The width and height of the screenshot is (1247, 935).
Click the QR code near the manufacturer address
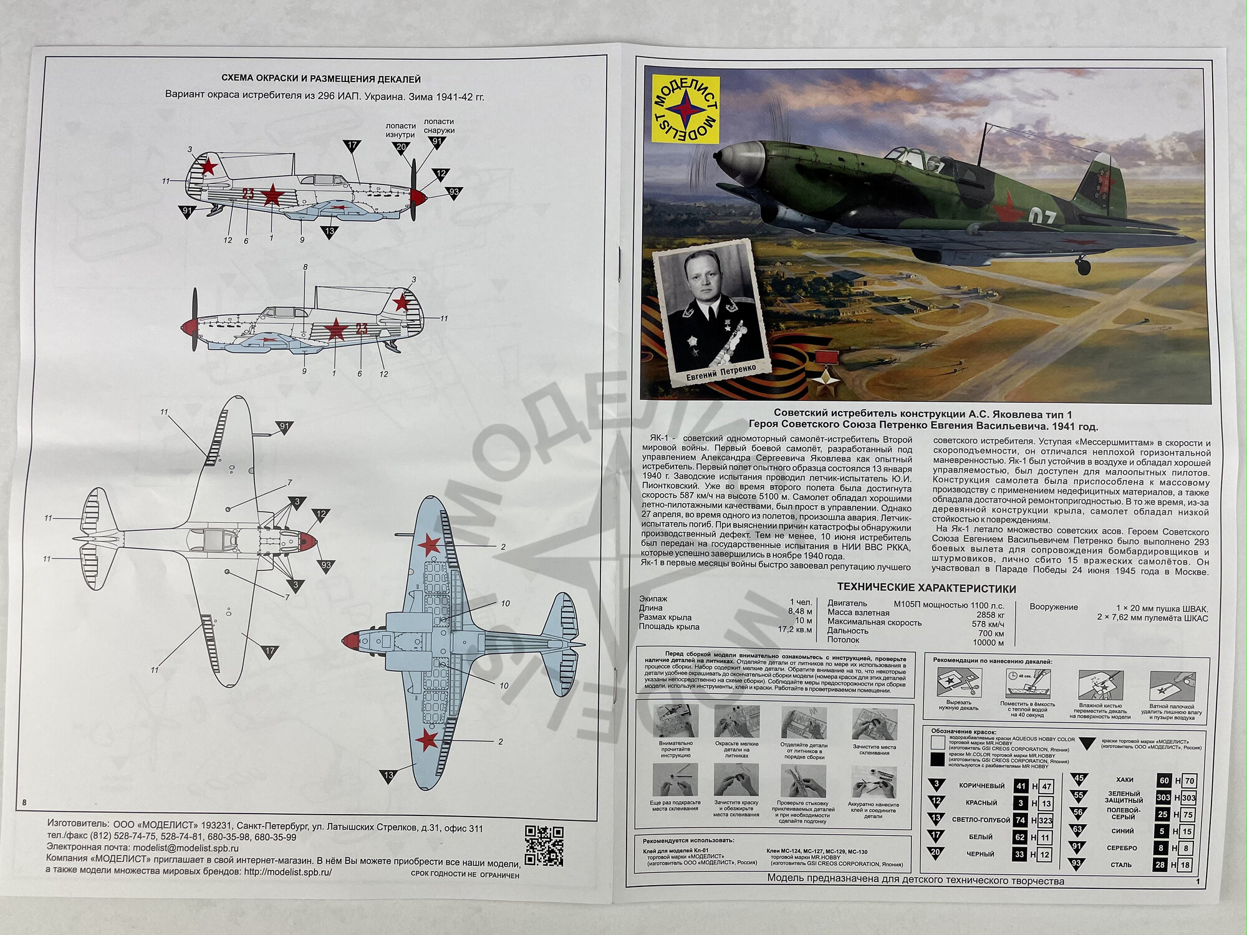pos(544,845)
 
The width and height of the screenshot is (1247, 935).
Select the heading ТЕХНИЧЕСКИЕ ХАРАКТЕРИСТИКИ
pos(926,588)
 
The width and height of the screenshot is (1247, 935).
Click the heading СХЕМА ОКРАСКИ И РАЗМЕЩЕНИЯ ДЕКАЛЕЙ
pos(321,79)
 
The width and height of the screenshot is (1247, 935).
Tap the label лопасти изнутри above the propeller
pos(400,130)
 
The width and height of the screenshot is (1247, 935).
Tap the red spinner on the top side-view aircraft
pos(419,198)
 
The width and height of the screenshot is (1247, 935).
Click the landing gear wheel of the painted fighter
pos(1083,267)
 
